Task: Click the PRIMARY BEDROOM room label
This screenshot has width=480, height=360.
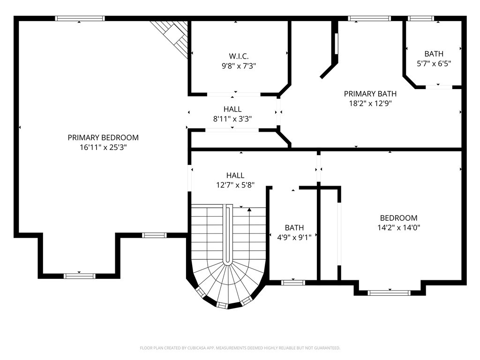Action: point(103,137)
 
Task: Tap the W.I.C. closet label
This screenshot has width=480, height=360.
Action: point(239,56)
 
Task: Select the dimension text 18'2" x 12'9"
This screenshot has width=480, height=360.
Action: point(370,104)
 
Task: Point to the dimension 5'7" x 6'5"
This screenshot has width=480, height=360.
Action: point(434,64)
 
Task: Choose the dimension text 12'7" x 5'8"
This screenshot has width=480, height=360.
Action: point(235,185)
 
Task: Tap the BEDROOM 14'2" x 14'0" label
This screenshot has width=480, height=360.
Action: point(398,223)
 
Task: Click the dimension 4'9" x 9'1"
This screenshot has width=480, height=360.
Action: point(294,238)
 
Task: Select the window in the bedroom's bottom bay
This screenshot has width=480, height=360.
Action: point(389,293)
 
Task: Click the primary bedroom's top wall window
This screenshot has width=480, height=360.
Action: point(80,18)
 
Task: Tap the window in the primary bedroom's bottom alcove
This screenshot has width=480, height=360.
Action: point(80,276)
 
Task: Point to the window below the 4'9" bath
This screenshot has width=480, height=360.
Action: point(293,283)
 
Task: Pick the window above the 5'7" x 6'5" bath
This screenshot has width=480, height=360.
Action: point(422,18)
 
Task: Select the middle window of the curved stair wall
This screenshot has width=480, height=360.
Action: point(223,305)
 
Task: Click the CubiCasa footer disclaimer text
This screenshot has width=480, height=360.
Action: point(240,348)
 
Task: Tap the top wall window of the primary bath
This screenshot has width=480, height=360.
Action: point(369,18)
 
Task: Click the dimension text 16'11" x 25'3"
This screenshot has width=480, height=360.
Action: point(103,148)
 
